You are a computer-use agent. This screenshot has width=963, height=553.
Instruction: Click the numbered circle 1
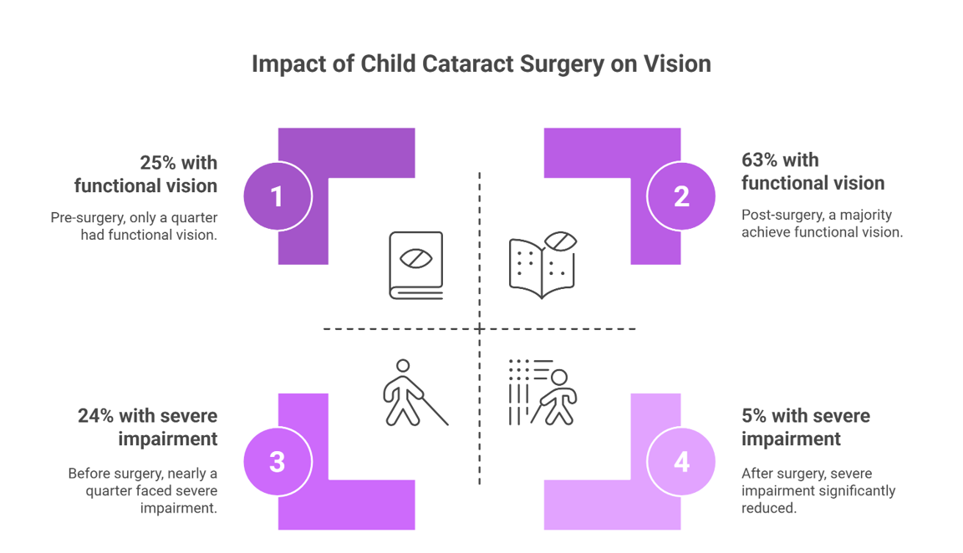point(278,197)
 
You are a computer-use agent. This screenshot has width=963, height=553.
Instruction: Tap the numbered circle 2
point(681,197)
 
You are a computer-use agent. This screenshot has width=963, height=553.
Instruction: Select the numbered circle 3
point(278,462)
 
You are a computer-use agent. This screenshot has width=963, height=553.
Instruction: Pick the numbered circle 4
point(681,462)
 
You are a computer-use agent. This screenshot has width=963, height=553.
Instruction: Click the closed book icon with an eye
point(415,266)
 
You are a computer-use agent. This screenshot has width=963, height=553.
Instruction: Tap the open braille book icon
point(543,265)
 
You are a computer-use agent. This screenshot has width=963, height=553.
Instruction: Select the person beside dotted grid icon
point(543,393)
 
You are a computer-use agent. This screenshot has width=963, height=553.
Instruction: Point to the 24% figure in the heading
point(96,416)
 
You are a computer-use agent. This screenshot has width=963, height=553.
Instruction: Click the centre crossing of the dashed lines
point(480,329)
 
